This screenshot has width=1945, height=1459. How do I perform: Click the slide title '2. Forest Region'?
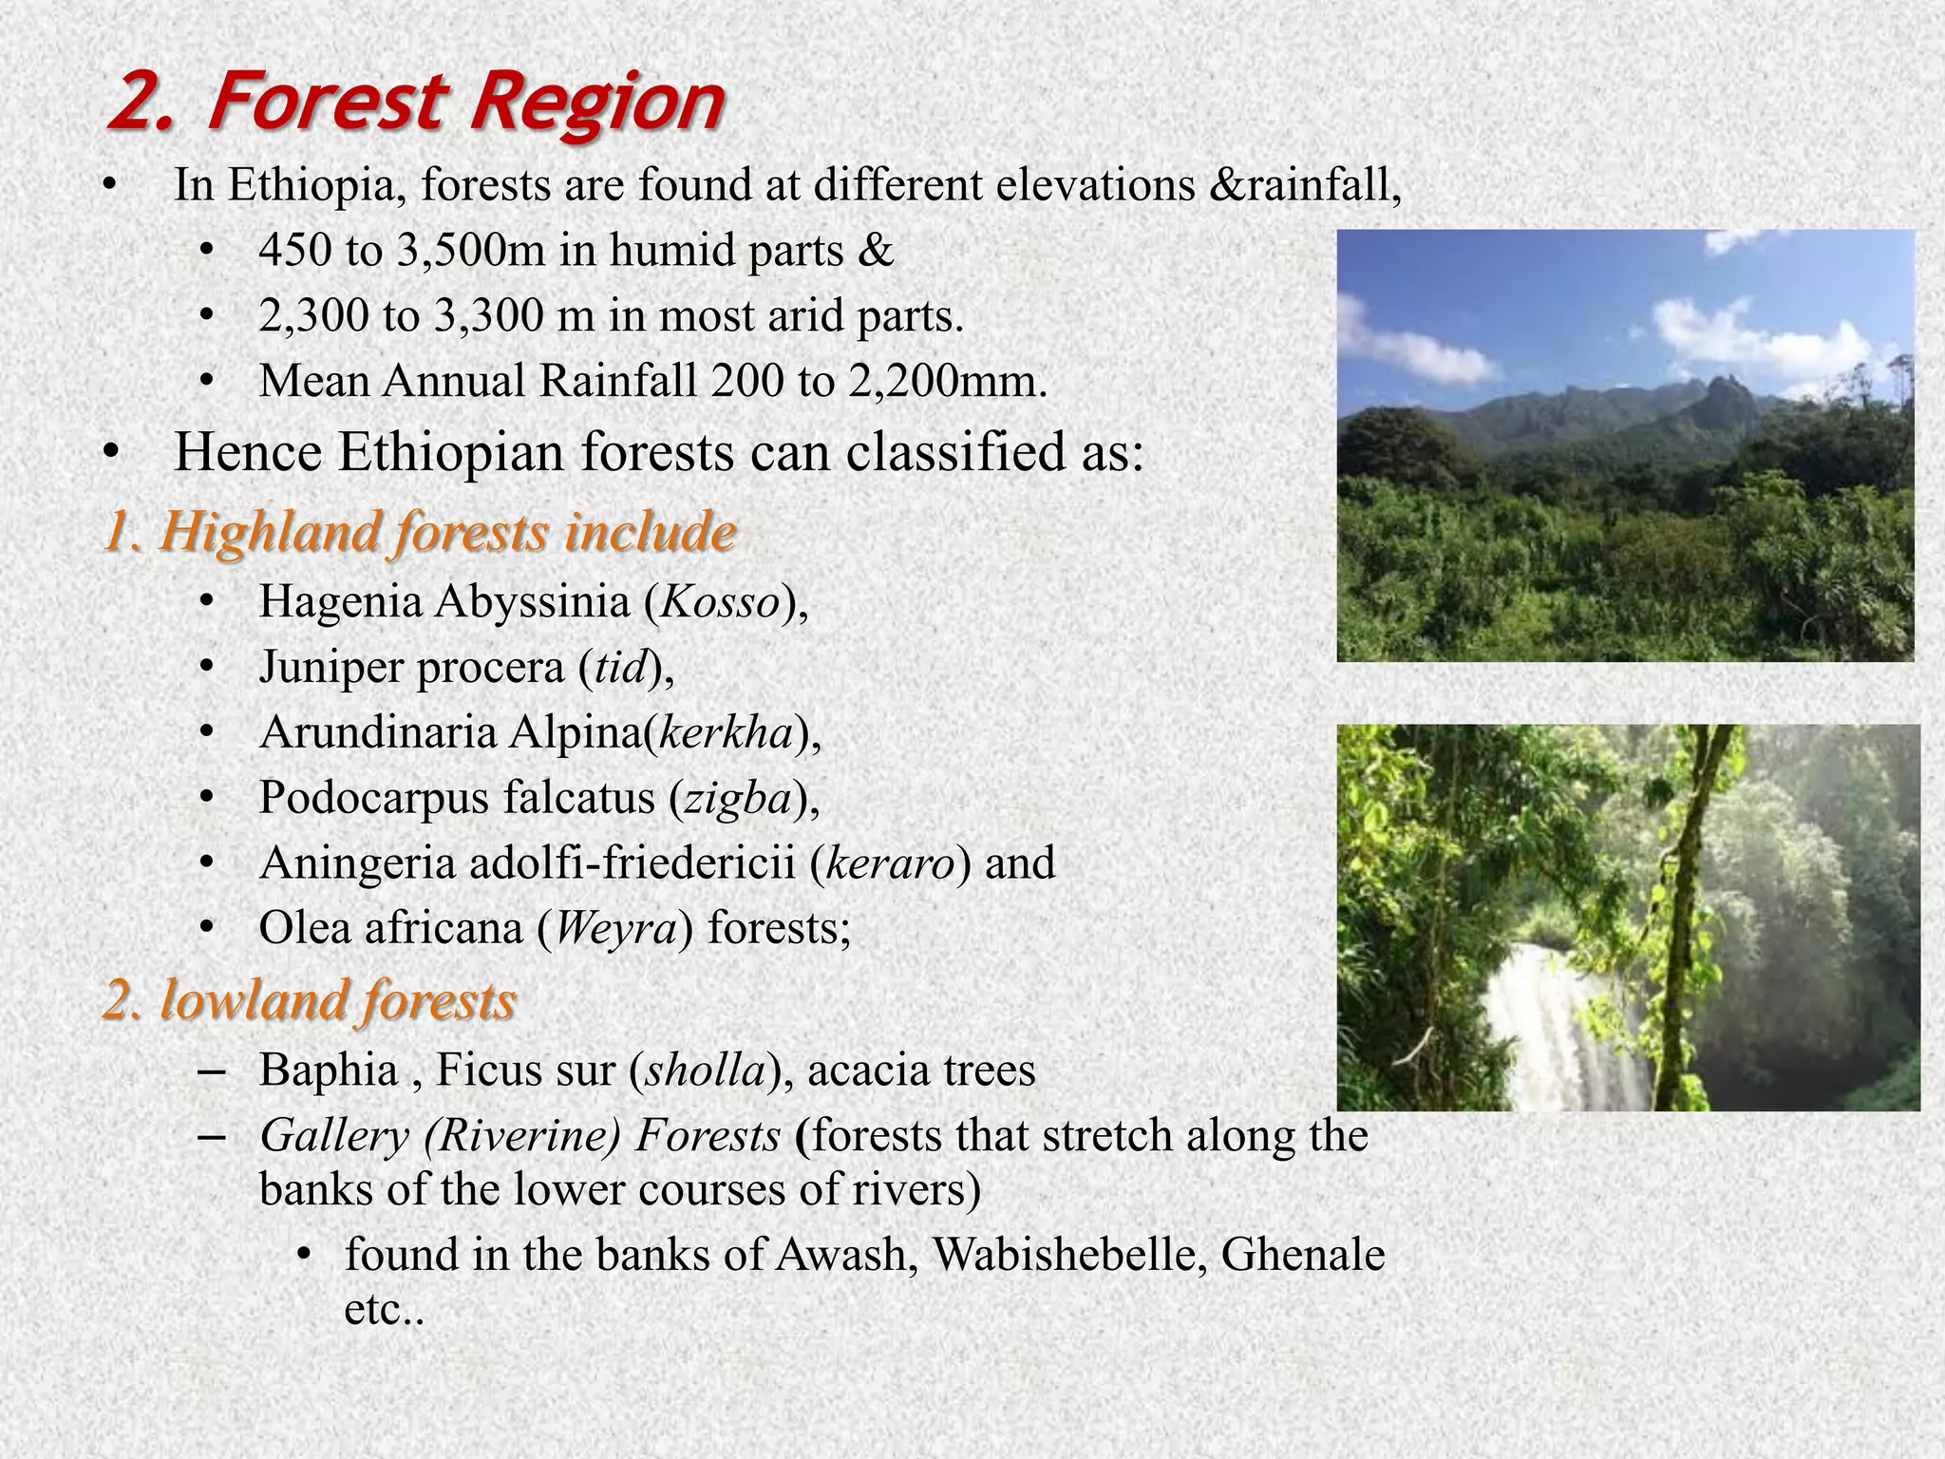[416, 103]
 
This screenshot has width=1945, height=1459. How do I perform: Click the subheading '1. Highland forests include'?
[418, 531]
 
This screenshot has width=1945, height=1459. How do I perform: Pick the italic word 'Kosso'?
[719, 602]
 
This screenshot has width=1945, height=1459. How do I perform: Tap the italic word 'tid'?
[620, 668]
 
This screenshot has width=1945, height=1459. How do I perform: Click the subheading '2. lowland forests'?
[309, 1001]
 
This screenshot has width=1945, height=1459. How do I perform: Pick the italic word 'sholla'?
[706, 1071]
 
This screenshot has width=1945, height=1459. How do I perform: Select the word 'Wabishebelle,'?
[1069, 1256]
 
